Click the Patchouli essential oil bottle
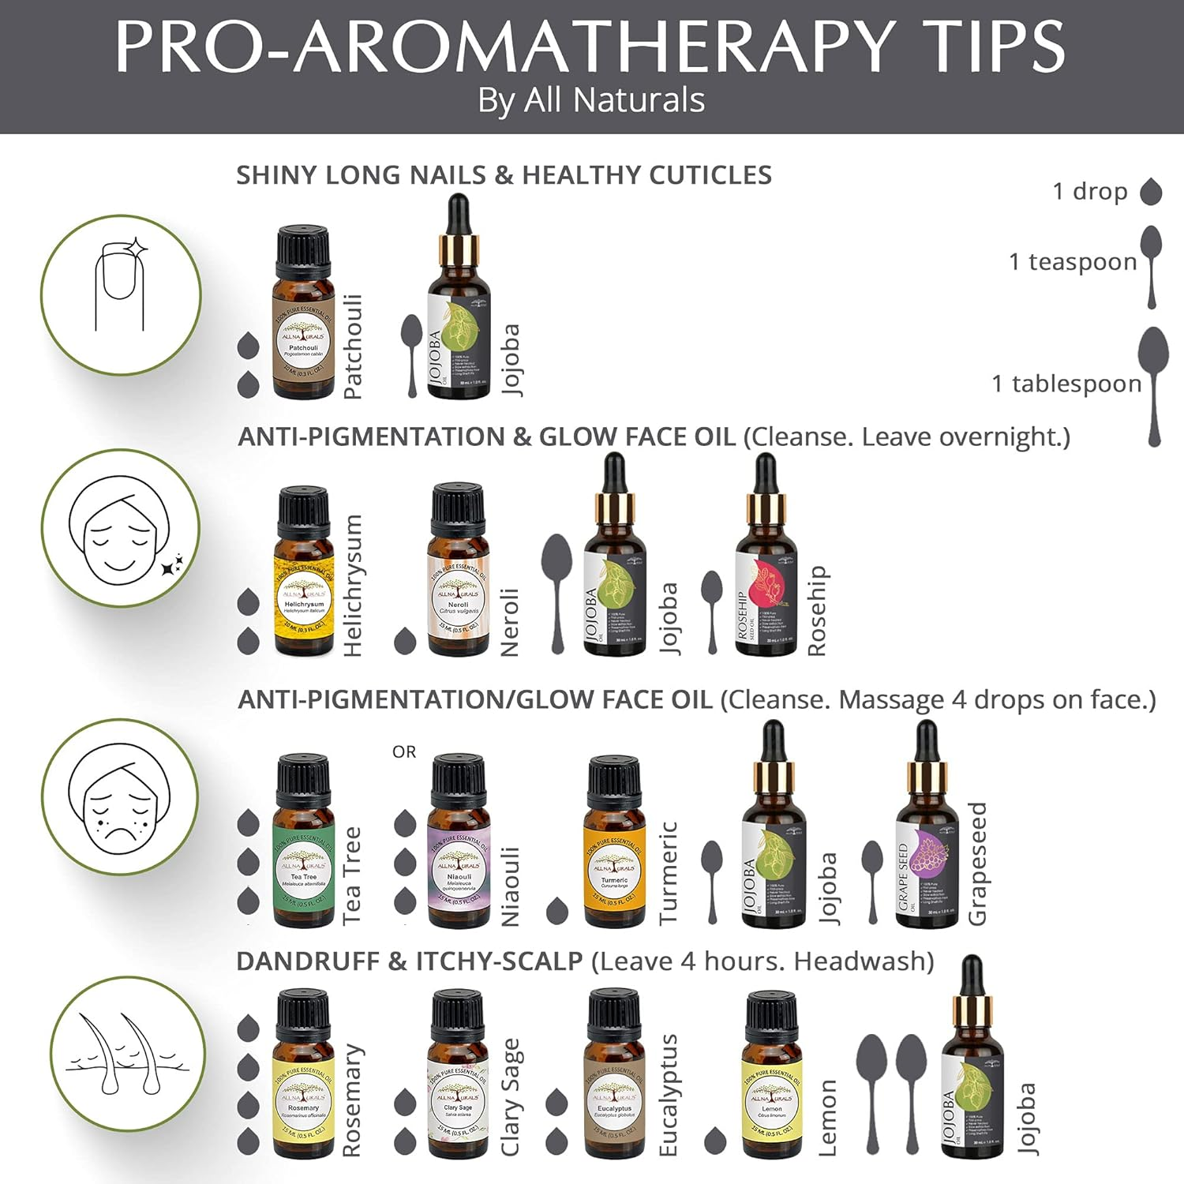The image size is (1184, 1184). (303, 316)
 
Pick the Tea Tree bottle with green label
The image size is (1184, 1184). (304, 845)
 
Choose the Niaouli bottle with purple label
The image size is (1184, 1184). (459, 845)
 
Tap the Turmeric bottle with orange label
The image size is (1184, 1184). (614, 845)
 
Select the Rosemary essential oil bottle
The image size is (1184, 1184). (304, 1077)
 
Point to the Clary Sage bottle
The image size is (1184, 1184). (459, 1077)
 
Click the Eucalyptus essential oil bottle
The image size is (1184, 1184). (614, 1077)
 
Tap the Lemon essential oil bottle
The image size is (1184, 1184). (771, 1077)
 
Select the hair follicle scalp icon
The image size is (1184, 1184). (126, 1054)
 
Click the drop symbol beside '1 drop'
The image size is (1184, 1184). (1152, 192)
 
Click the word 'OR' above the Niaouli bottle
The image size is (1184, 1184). (404, 752)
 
